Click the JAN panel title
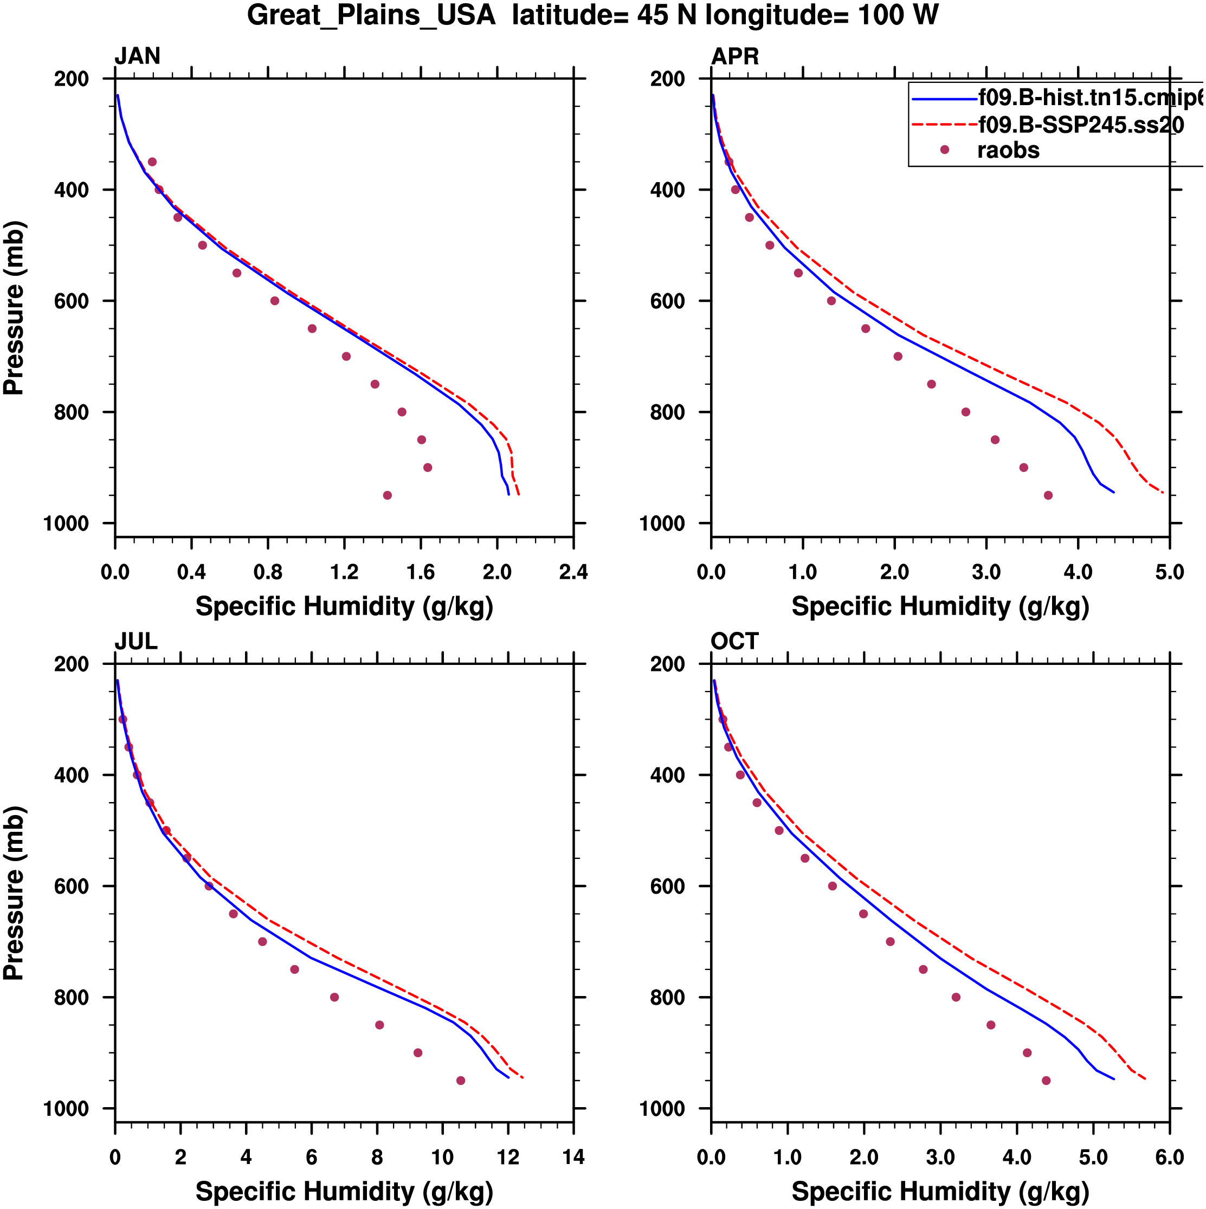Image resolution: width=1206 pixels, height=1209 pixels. (x=137, y=56)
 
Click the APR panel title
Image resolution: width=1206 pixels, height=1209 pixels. (x=735, y=56)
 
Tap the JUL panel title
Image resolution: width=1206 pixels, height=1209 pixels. (x=136, y=642)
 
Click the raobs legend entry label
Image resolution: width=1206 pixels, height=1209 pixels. (x=1008, y=151)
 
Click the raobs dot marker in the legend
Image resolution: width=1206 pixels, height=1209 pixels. (x=944, y=150)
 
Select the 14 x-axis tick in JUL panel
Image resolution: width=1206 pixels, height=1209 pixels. (x=573, y=1158)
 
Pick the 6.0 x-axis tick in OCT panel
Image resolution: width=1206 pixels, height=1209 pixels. (x=1169, y=1158)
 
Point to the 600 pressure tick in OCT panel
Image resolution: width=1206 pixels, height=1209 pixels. (x=667, y=887)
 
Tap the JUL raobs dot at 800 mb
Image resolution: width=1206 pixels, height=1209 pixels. (x=334, y=998)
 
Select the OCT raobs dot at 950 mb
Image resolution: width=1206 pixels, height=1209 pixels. (x=1046, y=1081)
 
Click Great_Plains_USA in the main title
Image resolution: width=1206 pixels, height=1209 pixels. (x=371, y=15)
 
